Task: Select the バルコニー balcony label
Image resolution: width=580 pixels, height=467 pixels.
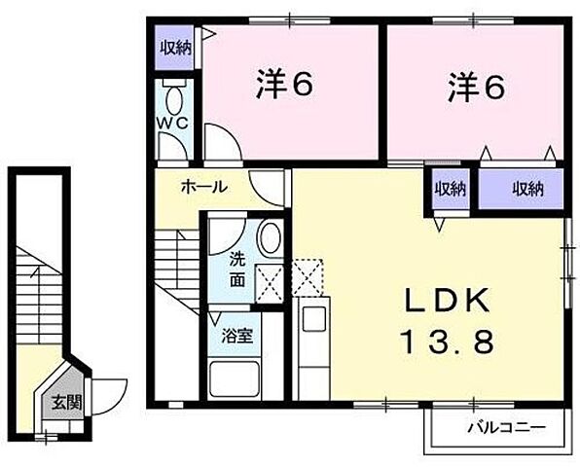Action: tap(505, 426)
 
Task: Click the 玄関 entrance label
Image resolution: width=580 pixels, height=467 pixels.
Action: tap(61, 402)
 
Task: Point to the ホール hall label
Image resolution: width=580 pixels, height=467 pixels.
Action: tap(204, 187)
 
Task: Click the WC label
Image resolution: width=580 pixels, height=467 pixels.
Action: tap(175, 125)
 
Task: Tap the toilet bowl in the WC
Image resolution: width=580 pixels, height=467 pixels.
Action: tap(176, 99)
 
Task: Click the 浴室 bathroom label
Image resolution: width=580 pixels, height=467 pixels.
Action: tap(237, 337)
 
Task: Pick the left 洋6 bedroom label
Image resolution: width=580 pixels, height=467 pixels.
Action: tap(285, 88)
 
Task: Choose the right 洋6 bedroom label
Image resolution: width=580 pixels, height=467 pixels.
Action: tap(476, 88)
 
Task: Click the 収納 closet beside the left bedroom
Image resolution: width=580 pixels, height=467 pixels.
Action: tap(176, 47)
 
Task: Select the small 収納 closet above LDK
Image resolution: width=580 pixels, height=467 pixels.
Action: tap(449, 189)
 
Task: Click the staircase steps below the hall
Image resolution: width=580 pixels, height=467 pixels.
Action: tap(176, 263)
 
